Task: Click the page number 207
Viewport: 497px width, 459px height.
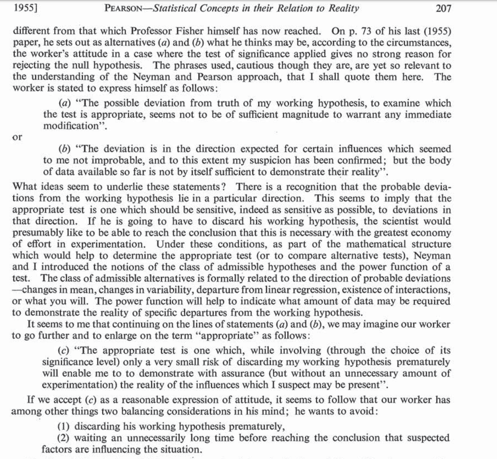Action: point(443,9)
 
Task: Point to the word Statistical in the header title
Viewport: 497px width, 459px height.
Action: point(173,9)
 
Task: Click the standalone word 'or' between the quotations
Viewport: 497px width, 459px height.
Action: point(18,137)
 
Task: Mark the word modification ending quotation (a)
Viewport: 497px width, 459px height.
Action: point(71,126)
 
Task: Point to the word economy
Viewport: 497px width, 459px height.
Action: point(431,233)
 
